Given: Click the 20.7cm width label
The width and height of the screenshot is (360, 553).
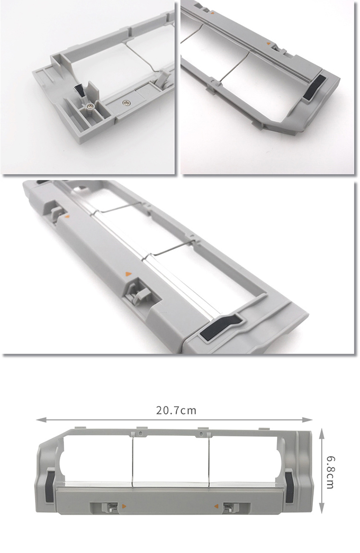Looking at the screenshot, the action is point(176,410).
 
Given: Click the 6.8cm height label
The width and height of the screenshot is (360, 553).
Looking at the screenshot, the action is point(330,472).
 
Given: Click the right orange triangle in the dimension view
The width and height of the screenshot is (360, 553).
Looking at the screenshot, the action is point(216,506).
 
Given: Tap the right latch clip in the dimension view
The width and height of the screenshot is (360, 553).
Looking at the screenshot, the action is point(230,507).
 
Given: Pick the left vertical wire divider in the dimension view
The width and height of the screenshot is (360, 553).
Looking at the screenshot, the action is point(132,461).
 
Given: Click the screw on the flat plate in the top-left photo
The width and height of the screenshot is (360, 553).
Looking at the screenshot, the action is point(126,103).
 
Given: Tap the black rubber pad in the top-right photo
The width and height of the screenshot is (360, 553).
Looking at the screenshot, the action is point(313,87).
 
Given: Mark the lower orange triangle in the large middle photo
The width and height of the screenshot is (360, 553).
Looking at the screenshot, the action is point(128,273).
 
